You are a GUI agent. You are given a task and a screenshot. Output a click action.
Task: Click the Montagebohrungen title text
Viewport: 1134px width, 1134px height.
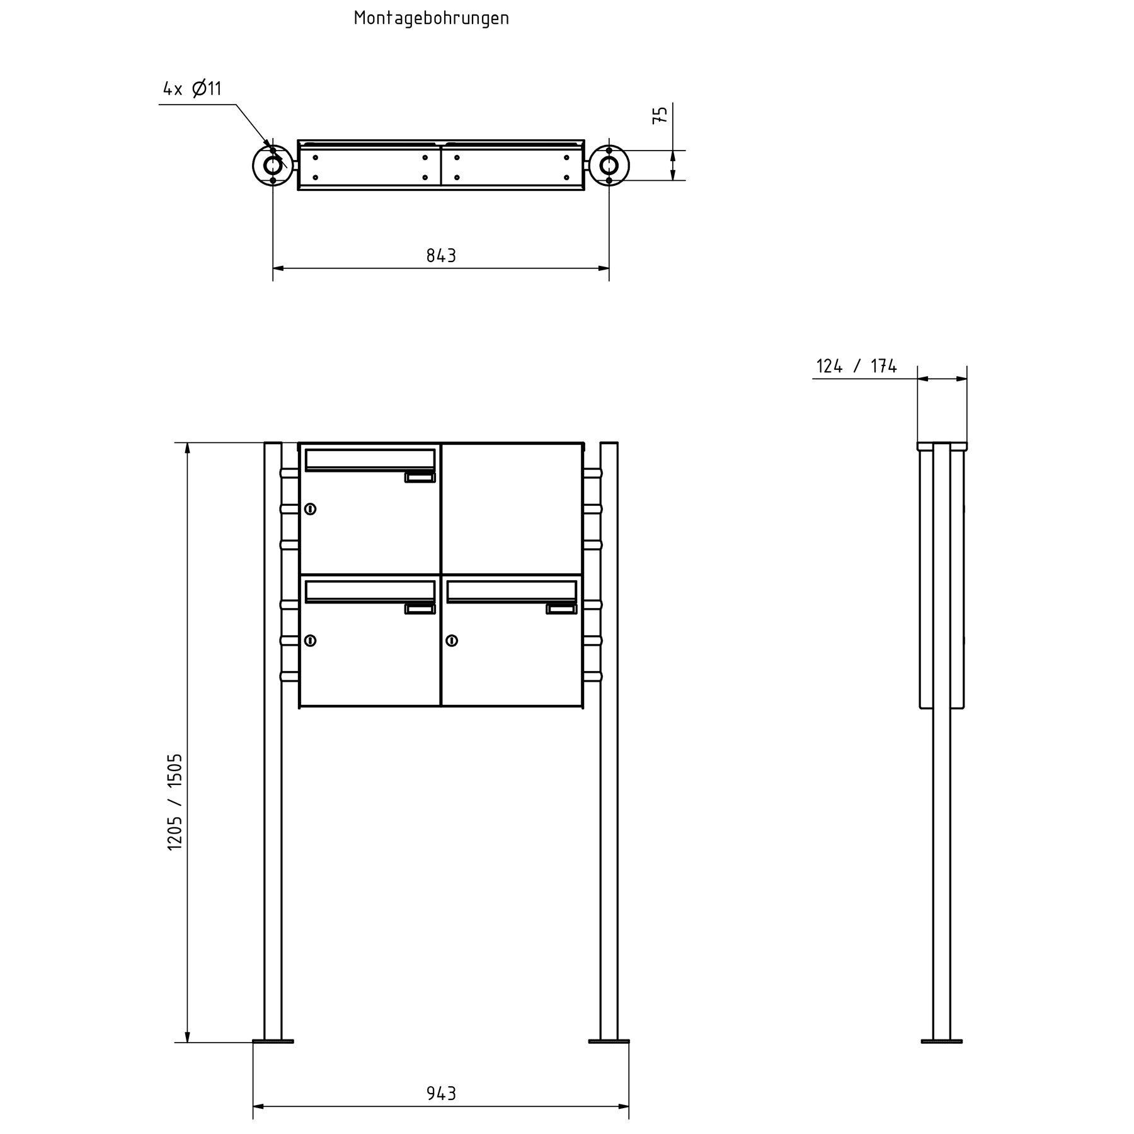click(431, 18)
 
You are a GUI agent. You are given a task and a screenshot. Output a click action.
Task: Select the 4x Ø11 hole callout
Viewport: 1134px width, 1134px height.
click(192, 89)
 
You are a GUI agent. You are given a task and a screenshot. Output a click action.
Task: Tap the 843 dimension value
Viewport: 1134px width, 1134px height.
click(441, 256)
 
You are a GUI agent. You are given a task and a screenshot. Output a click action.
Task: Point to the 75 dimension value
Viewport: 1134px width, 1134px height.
click(660, 115)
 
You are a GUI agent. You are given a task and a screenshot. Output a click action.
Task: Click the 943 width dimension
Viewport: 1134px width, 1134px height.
click(441, 1093)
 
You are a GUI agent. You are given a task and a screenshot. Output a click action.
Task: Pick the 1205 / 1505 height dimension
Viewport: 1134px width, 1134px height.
click(175, 802)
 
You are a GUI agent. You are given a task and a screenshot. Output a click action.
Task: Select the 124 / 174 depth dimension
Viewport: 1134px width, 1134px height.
click(856, 366)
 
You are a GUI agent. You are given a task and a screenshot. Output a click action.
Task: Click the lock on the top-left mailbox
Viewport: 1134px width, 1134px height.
click(310, 509)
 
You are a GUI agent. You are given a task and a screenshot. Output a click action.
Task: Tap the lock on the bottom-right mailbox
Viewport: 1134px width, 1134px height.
click(452, 641)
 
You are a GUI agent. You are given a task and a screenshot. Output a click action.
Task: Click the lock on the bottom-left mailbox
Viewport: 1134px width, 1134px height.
click(310, 641)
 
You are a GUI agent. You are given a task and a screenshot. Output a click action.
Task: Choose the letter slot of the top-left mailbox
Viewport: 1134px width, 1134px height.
click(370, 459)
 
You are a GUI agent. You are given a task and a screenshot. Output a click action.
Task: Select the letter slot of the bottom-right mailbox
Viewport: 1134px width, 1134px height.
click(511, 591)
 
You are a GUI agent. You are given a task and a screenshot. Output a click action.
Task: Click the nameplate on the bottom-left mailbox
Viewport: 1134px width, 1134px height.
click(420, 609)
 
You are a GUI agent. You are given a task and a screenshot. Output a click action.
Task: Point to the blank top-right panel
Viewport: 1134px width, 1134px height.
click(512, 508)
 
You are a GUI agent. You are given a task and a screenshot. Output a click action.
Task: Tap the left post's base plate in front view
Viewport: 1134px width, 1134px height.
click(273, 1041)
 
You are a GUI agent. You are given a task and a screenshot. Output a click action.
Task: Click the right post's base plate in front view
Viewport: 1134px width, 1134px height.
click(609, 1041)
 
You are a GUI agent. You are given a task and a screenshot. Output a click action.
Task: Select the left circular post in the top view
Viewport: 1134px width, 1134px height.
click(273, 166)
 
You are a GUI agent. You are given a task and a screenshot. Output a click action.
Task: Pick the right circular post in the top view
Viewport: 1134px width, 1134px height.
click(609, 166)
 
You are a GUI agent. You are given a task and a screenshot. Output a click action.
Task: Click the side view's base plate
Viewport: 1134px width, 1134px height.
click(941, 1041)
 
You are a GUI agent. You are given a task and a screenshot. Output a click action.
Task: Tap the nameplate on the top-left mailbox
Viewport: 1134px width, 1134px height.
click(420, 478)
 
